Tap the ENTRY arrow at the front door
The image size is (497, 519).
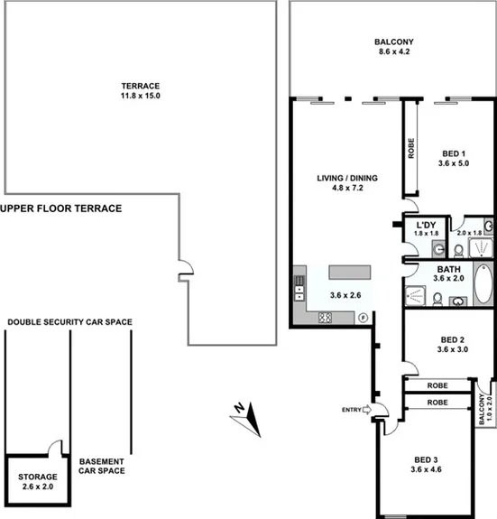point(368,411)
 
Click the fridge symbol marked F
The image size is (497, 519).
point(363,317)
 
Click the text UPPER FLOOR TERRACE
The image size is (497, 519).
point(61,208)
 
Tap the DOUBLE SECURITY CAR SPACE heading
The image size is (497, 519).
point(69,321)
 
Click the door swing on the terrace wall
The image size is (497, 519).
point(183,267)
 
